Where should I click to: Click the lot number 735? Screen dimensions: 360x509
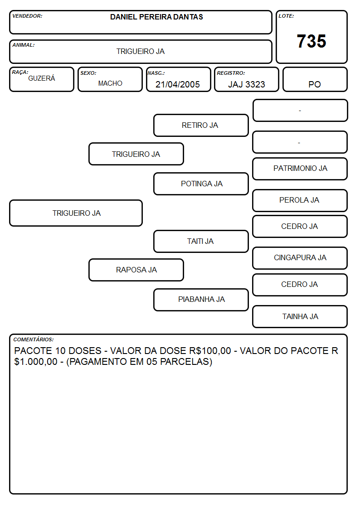311,41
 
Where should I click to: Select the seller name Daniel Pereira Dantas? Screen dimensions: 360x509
156,17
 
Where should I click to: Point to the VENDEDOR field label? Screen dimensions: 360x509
27,16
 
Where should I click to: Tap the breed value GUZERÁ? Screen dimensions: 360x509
42,78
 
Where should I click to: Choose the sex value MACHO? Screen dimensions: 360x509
110,83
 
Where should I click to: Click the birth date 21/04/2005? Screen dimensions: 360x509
178,84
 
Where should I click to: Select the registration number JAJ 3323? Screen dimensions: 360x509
247,84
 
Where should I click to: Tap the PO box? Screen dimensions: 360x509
315,79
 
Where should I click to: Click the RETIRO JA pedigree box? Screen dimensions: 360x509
201,125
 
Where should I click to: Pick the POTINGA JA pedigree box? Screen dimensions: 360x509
201,184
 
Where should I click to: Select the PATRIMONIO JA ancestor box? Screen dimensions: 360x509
300,169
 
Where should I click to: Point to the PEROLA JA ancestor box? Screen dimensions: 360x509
300,201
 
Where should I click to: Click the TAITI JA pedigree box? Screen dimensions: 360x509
201,242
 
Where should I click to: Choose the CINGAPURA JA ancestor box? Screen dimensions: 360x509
300,258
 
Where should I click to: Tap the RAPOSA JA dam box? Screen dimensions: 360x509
136,270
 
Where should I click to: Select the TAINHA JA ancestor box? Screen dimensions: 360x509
300,316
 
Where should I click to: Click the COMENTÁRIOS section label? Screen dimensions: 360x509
34,339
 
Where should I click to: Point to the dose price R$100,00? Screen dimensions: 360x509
210,351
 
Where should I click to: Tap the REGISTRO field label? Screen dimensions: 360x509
231,73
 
